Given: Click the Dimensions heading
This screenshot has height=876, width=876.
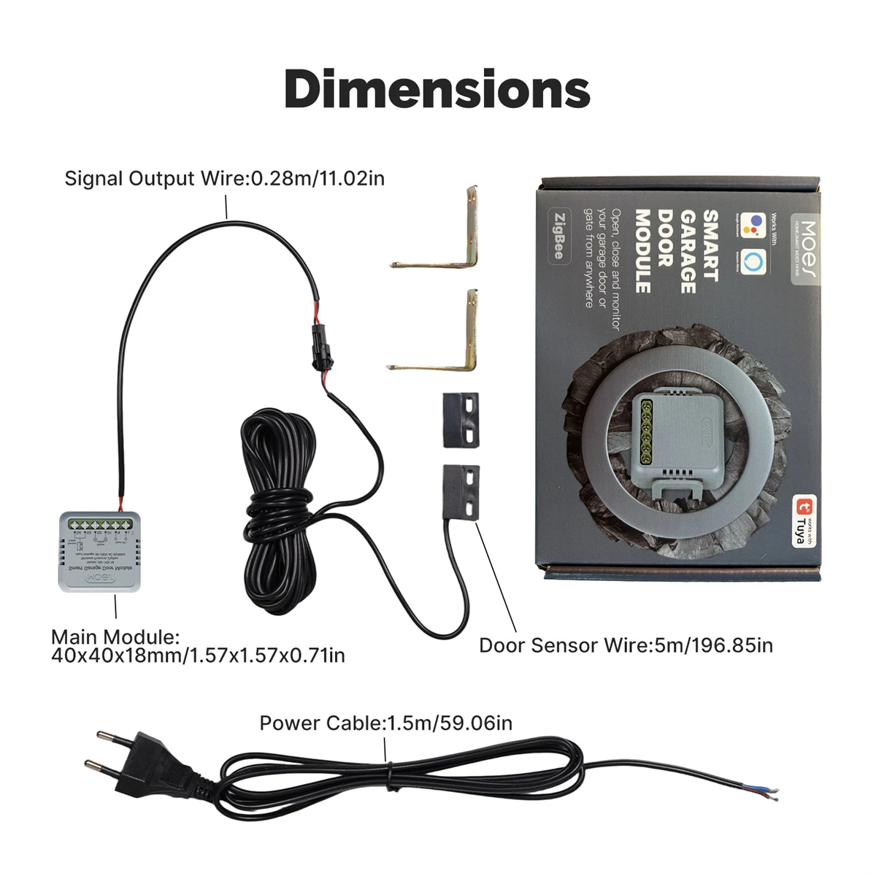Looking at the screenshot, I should [437, 88].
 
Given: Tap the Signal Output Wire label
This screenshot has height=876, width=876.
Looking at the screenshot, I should [224, 179].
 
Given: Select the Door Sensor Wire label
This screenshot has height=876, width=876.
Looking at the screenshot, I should [626, 645].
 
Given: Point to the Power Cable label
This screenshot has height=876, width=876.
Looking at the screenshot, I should [385, 723].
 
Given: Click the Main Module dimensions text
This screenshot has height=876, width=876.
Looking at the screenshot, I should [198, 647].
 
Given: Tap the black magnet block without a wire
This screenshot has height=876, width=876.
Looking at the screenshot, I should [461, 420].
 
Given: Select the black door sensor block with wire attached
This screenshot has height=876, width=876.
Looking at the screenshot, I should [461, 493].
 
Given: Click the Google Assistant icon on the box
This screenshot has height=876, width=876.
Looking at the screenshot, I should [752, 226].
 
